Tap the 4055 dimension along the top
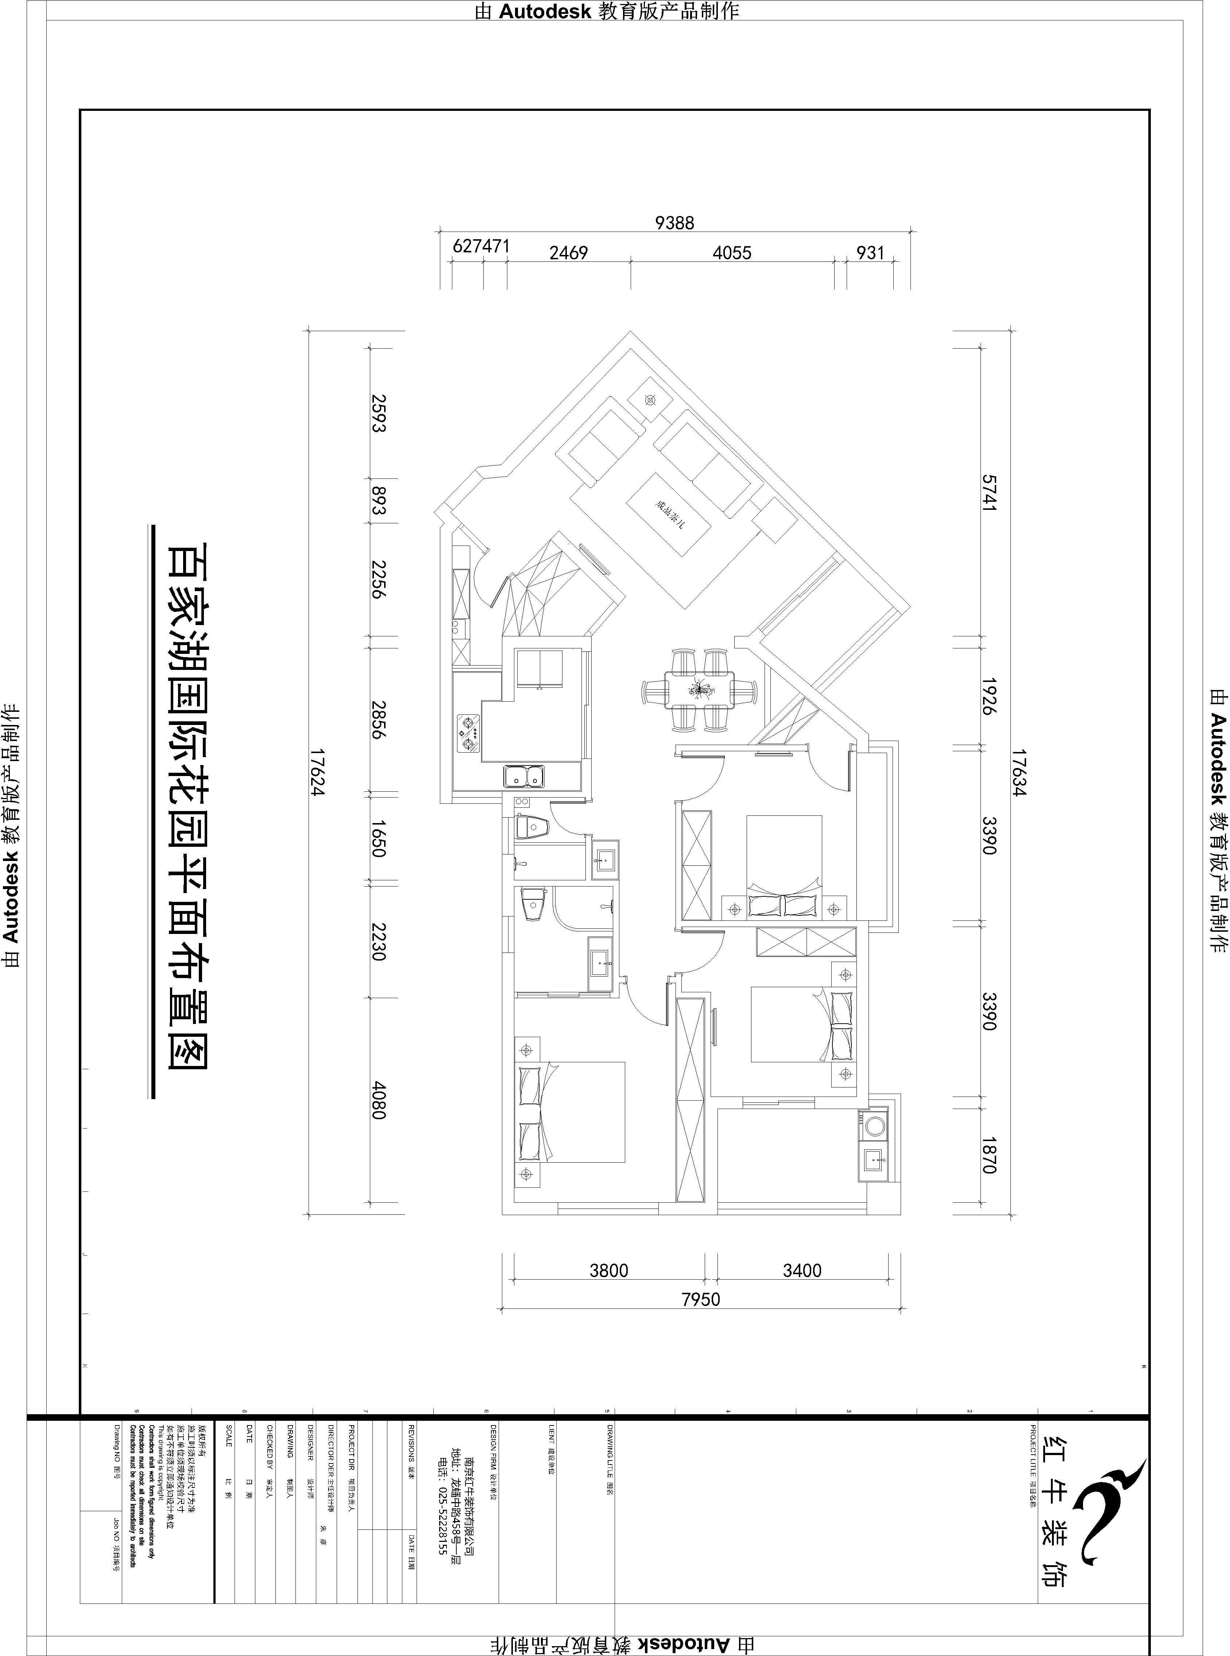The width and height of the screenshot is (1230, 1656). [x=732, y=253]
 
